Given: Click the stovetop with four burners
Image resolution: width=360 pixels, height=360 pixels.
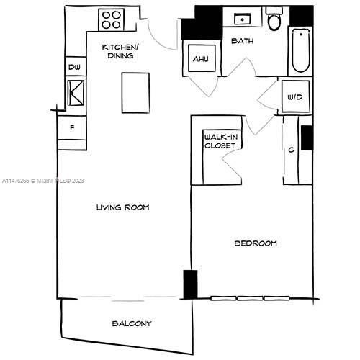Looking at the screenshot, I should coord(112,19).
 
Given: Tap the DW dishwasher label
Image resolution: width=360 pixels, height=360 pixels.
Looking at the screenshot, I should coord(73,68).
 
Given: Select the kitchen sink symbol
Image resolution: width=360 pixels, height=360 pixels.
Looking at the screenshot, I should coord(75,93).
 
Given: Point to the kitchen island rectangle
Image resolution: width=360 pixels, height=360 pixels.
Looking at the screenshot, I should coord(135,92).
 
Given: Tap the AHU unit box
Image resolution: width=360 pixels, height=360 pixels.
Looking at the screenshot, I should coord(199,59).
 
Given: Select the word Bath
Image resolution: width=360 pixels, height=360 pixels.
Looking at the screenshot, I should coord(241,42).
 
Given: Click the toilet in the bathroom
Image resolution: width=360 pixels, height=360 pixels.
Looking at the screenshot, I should coord(274,20).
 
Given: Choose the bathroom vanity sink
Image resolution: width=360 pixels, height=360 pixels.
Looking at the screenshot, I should coord(240,19).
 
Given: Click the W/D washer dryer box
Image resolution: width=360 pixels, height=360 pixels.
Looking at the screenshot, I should coord(294,96).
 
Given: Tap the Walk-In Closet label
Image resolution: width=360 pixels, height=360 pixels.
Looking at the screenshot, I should coord(220,140).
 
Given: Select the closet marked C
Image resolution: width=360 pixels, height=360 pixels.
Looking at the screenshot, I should coord(291,150).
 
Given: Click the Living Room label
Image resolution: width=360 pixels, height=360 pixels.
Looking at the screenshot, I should coord(122,207).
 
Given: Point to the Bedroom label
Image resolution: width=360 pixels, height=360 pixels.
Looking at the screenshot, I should coord(255,243).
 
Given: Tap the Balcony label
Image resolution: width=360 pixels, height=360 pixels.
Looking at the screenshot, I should coord(131,323).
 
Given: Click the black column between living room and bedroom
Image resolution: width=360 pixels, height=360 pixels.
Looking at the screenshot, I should coord(190,284).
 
